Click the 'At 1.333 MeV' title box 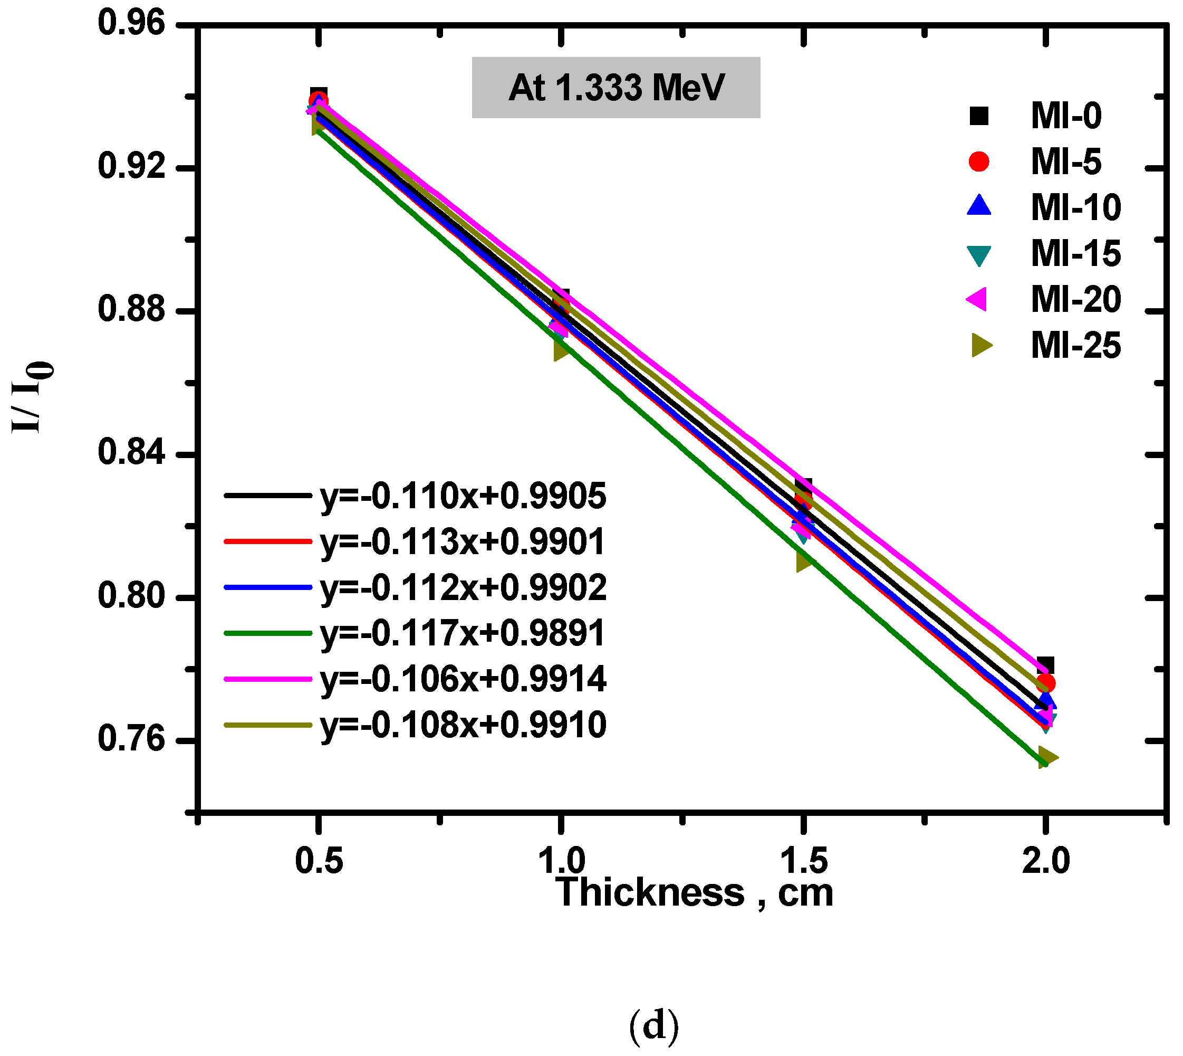[616, 88]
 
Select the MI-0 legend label [1066, 116]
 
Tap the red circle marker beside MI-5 [979, 161]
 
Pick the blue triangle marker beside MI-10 [979, 206]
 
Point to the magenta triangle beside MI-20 [978, 299]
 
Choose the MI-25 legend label [1076, 346]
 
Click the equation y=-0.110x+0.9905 [463, 496]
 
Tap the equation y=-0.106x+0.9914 [463, 678]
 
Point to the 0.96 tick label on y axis [123, 23]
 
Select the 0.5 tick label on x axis [319, 860]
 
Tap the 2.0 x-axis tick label [1045, 860]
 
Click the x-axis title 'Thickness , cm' [695, 893]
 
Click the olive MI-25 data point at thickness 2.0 [1047, 758]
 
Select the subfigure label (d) [653, 1026]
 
